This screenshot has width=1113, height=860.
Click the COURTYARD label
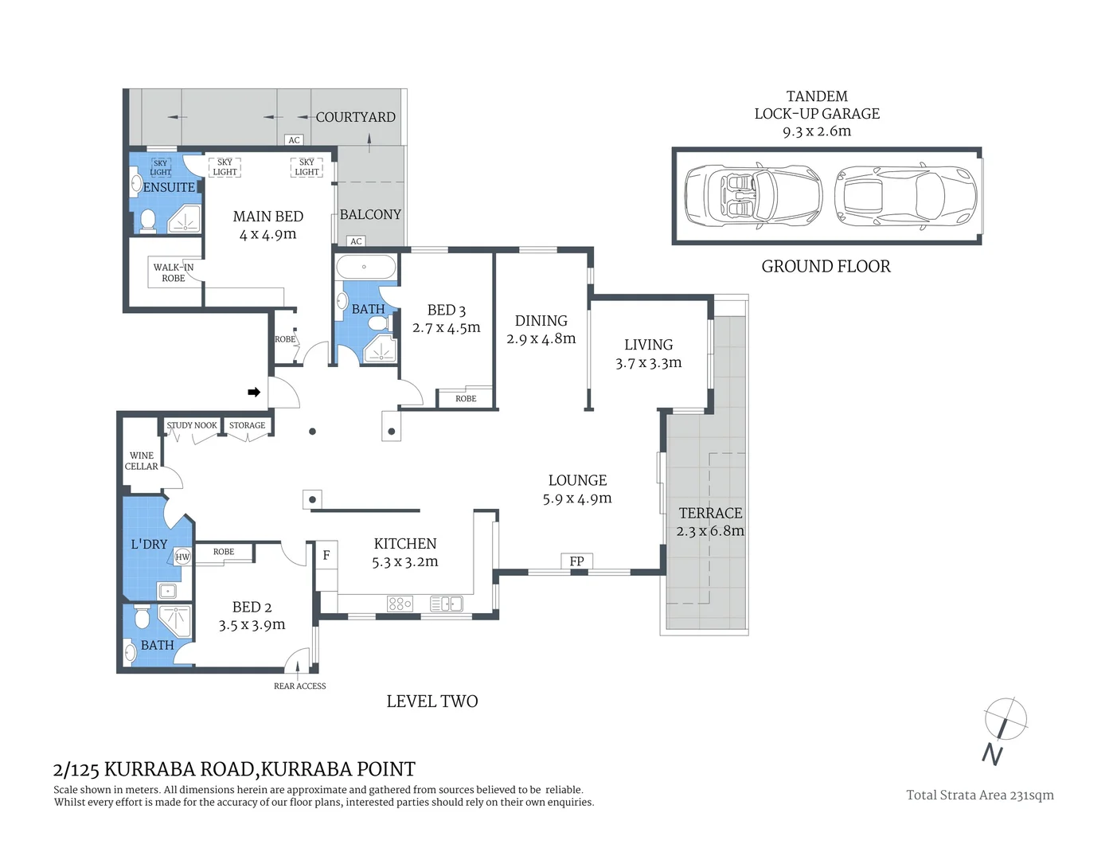point(355,117)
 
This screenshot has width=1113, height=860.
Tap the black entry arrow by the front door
point(254,392)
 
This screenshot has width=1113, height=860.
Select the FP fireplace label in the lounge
point(576,561)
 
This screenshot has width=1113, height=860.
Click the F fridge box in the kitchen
point(326,555)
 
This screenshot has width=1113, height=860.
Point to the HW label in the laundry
point(182,557)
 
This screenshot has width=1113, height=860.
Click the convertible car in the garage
point(752,195)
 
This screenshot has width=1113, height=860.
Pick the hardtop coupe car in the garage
point(904,195)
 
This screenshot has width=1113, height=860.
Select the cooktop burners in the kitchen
point(400,604)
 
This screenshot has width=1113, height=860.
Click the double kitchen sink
point(446,604)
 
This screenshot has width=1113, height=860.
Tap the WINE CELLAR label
point(141,461)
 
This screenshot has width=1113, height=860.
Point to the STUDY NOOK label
point(192,425)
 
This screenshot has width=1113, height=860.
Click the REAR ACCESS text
point(299,686)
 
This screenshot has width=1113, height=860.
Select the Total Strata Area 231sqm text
point(979,795)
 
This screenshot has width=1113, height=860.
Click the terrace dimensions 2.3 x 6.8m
point(710,531)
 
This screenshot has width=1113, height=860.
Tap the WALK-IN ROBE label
point(173,272)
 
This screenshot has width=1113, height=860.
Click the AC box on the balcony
point(356,241)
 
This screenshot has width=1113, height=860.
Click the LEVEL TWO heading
point(432,702)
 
